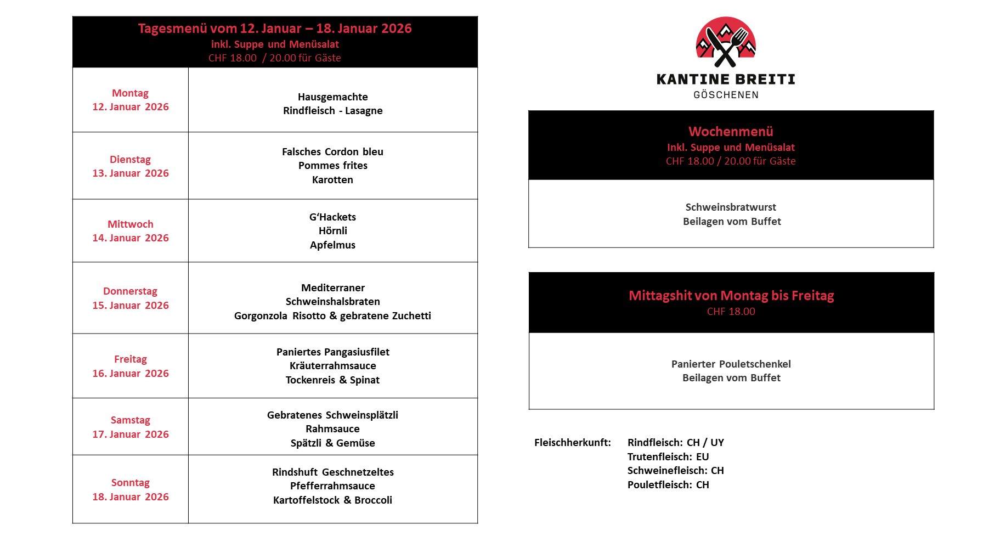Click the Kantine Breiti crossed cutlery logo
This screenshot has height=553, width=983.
pyautogui.click(x=726, y=43)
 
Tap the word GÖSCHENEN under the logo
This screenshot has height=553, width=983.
pyautogui.click(x=726, y=95)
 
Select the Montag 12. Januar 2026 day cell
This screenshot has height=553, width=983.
pyautogui.click(x=131, y=100)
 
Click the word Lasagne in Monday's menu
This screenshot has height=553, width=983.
pyautogui.click(x=364, y=111)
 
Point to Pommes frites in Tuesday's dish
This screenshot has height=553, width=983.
pyautogui.click(x=332, y=166)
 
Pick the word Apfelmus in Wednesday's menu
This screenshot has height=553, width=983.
pyautogui.click(x=332, y=245)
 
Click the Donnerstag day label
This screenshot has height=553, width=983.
pyautogui.click(x=131, y=291)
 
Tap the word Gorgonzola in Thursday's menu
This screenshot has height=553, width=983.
pyautogui.click(x=261, y=316)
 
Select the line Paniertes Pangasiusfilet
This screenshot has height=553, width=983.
pyautogui.click(x=332, y=352)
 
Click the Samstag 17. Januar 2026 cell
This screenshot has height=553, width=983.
pyautogui.click(x=131, y=427)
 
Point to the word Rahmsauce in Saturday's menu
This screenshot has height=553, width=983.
pyautogui.click(x=332, y=429)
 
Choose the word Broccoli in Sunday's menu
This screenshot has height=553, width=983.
pyautogui.click(x=373, y=500)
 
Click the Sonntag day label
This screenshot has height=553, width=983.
pyautogui.click(x=131, y=483)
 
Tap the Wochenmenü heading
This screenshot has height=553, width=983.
pyautogui.click(x=731, y=132)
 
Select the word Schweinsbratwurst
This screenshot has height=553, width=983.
pyautogui.click(x=731, y=207)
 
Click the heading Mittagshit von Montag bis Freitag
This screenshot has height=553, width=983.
pyautogui.click(x=731, y=296)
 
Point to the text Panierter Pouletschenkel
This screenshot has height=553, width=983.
pyautogui.click(x=731, y=364)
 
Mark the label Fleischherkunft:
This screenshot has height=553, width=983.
pyautogui.click(x=572, y=443)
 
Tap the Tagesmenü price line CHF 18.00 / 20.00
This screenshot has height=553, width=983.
pyautogui.click(x=274, y=58)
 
